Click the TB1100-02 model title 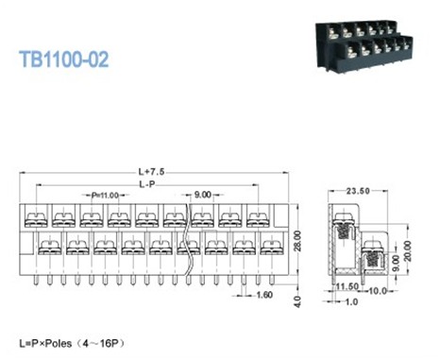63,59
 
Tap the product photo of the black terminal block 360,42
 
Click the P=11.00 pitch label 104,195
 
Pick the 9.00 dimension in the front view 203,195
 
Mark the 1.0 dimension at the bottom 352,301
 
